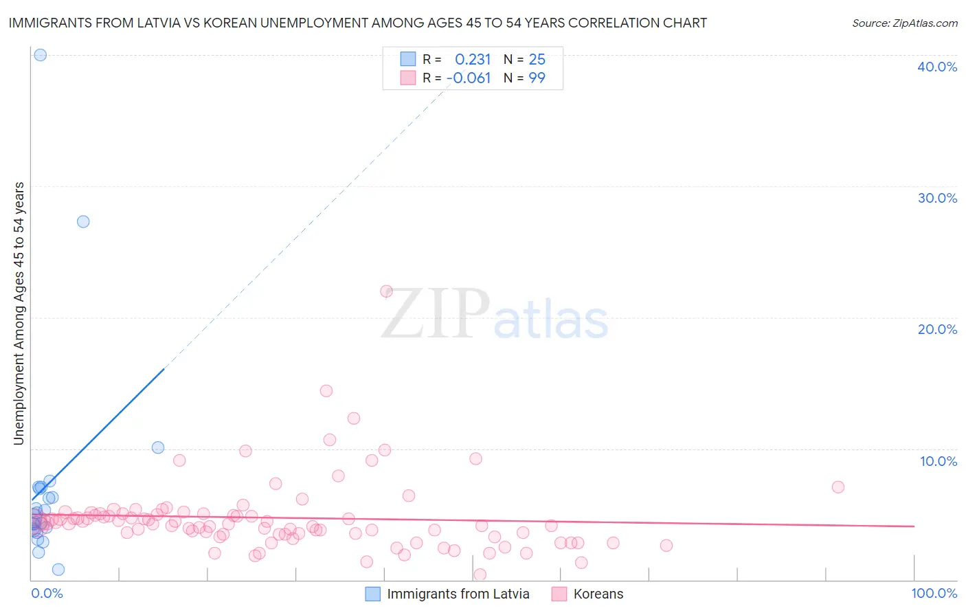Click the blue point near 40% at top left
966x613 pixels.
tap(41, 55)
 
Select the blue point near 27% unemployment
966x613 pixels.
tap(83, 221)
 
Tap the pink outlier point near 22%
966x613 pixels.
tap(386, 291)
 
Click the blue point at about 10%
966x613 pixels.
tap(158, 447)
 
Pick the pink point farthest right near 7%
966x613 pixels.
tap(838, 487)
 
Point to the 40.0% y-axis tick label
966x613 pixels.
tap(937, 67)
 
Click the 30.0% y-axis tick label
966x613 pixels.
tap(937, 198)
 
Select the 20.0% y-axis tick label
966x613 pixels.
tap(937, 329)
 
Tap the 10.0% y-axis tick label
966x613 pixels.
tap(939, 461)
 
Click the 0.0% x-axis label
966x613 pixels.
tap(47, 593)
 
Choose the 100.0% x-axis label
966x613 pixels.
tap(934, 593)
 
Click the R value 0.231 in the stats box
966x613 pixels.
tap(473, 59)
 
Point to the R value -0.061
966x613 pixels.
tap(469, 78)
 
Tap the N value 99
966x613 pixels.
tap(537, 78)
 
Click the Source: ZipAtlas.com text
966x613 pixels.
tap(904, 23)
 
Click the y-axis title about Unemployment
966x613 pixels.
tap(19, 313)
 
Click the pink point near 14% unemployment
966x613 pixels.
tap(326, 391)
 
